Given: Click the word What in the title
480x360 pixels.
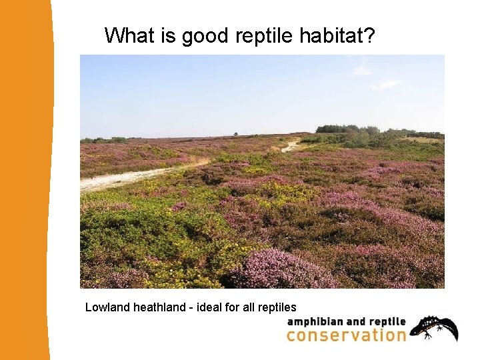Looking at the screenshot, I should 129,35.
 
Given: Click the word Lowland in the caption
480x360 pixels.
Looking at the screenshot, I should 107,307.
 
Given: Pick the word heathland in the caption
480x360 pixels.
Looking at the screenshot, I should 159,307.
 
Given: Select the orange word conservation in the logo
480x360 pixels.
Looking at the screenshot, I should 345,335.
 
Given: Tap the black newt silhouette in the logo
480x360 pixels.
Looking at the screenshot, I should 435,328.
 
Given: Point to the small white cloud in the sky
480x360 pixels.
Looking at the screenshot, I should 387,84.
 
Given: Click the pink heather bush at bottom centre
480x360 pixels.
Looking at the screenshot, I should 280,269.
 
